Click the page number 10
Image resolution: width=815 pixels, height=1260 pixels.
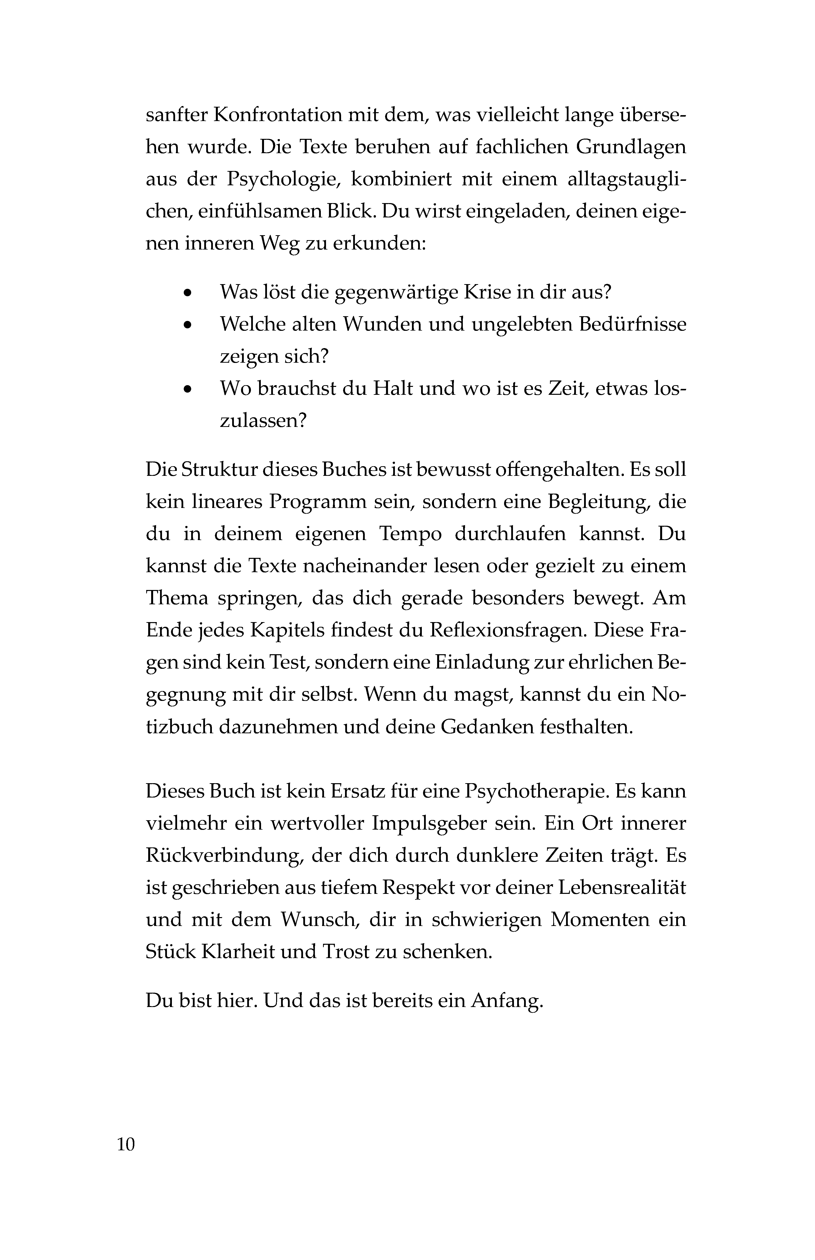click(x=126, y=1145)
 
